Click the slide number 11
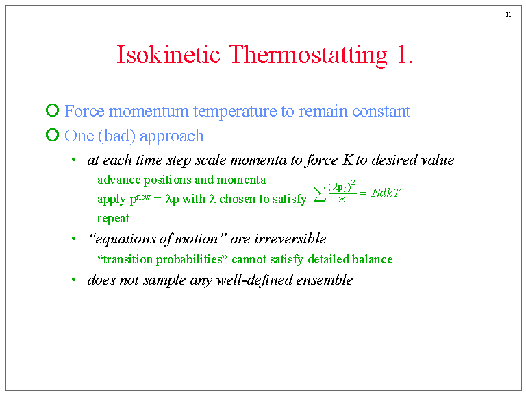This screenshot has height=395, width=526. click(x=508, y=15)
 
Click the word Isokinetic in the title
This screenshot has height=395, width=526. click(x=169, y=55)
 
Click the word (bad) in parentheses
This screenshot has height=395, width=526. click(x=118, y=136)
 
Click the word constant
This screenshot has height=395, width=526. click(x=381, y=111)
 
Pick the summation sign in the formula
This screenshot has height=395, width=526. click(x=318, y=195)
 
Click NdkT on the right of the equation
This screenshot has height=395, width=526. click(x=386, y=193)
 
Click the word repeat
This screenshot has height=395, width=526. click(x=113, y=219)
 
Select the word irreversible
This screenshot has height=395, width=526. click(x=290, y=239)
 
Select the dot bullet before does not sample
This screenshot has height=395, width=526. click(x=73, y=280)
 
